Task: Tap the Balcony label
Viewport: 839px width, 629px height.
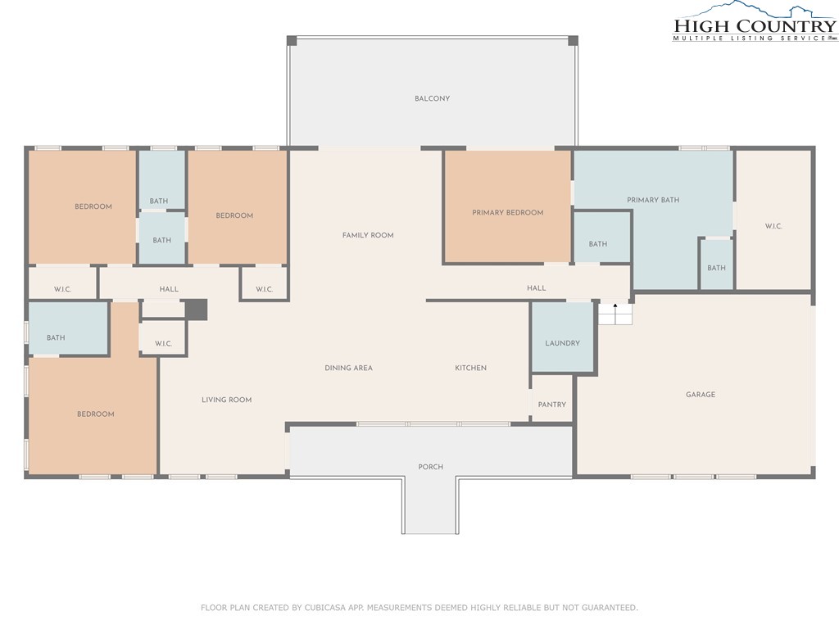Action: (433, 98)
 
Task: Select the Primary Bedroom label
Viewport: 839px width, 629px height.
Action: (508, 212)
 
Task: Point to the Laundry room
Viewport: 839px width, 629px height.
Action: (562, 337)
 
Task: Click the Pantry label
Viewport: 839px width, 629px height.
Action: (552, 405)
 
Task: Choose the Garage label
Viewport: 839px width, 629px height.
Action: (701, 394)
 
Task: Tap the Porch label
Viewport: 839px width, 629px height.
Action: (431, 467)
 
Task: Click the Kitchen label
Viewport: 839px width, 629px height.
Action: (471, 368)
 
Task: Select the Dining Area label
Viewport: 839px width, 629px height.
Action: (348, 368)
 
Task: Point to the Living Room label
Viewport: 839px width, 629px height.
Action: (226, 400)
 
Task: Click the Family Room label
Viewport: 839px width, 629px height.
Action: (368, 235)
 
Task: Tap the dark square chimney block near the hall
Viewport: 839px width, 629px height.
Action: (197, 310)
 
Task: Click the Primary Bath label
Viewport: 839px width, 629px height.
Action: (653, 200)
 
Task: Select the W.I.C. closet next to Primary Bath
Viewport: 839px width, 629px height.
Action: (773, 220)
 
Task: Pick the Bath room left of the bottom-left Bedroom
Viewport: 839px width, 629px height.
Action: (69, 328)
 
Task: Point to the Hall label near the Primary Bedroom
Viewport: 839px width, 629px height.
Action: (536, 287)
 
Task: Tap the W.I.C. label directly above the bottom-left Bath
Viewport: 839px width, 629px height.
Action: (62, 289)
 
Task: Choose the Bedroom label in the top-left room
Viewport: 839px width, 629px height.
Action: (93, 206)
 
